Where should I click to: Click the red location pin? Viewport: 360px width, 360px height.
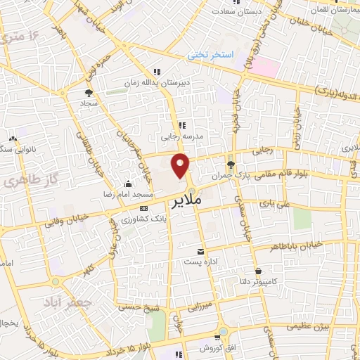point(181,165)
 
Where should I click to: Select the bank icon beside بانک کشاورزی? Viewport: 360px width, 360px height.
point(144,209)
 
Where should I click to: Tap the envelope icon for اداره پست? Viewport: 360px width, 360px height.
point(202,252)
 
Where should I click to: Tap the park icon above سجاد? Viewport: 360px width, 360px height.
point(89,92)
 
